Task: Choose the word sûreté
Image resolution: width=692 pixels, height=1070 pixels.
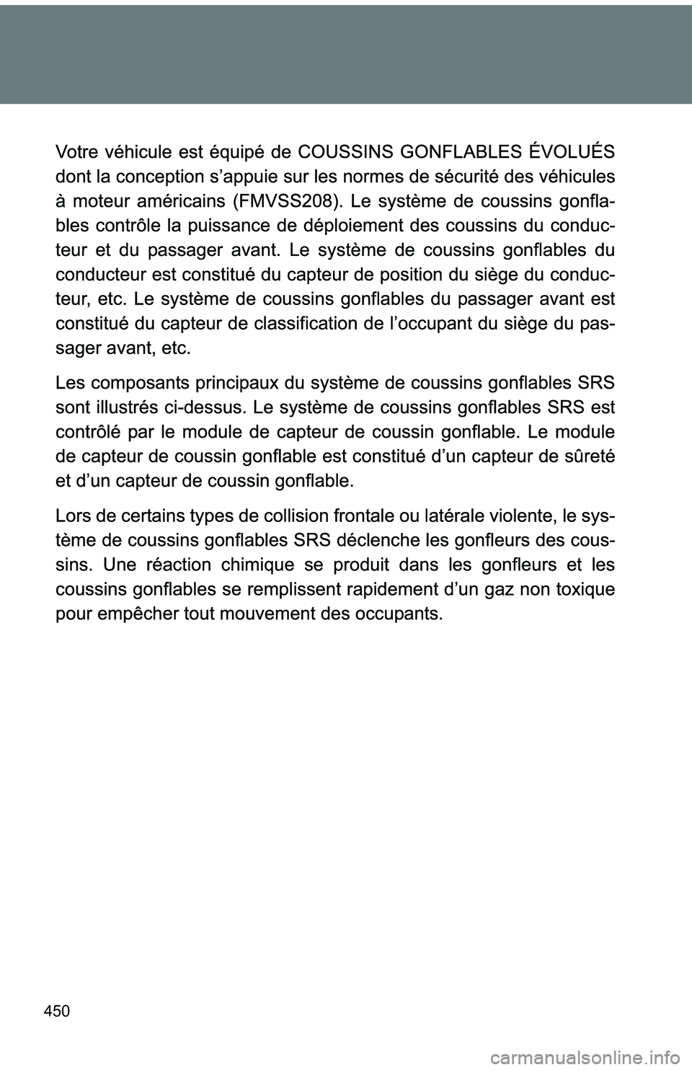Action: click(589, 456)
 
